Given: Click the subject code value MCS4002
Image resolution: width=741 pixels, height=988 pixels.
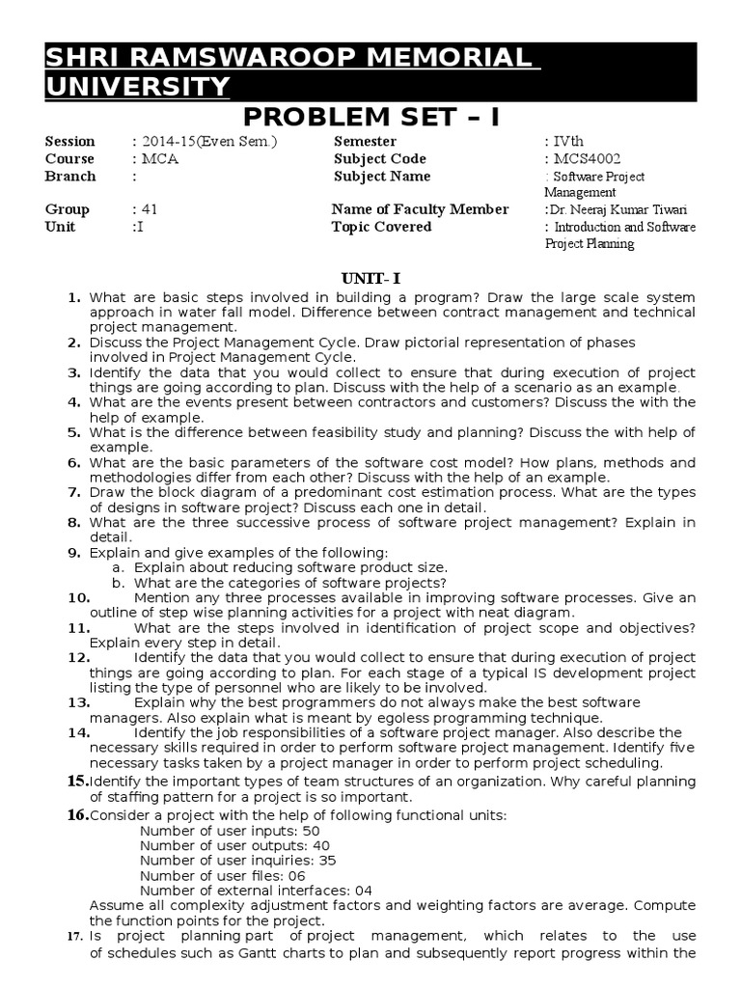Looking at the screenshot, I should pos(586,159).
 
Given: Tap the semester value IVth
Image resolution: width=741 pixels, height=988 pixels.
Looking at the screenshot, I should pos(565,142).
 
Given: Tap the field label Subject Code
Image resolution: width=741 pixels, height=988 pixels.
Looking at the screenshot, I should pos(380,159).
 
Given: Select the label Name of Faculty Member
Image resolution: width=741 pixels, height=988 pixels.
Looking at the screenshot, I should pos(420,209).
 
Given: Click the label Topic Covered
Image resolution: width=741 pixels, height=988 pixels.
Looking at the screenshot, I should pos(382,227).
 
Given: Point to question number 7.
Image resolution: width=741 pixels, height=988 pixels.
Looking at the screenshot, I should pos(73,492).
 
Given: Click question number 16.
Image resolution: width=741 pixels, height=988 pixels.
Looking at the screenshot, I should pos(77,815).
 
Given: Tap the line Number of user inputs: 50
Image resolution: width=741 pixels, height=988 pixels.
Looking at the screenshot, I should pos(230,830).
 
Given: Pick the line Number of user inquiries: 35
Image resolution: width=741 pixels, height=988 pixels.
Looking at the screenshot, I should pos(237,860).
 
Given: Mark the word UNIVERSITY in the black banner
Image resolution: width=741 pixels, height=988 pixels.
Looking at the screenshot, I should pos(139,88).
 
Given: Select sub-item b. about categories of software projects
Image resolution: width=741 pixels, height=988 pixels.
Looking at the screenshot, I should pos(280,583).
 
